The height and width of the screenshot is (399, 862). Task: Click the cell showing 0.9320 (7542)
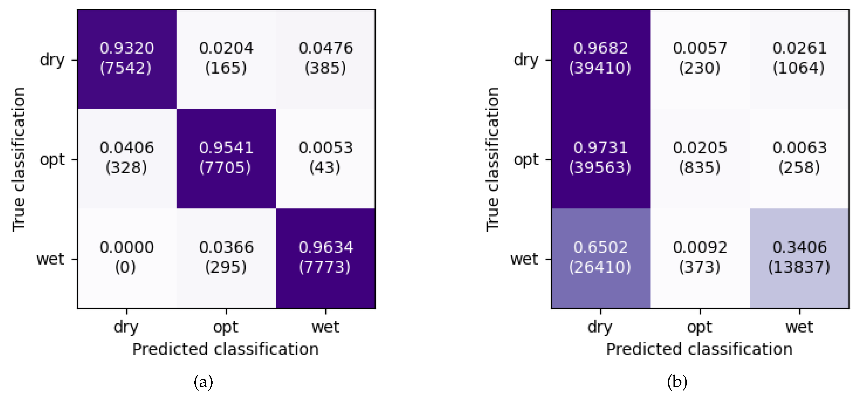[x=127, y=59]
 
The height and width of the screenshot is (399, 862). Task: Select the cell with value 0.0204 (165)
[x=226, y=59]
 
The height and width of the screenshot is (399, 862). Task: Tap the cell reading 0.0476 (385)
[x=326, y=59]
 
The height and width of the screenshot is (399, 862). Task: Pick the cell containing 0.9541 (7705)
[x=226, y=158]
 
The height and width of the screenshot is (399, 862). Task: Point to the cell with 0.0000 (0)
[x=127, y=258]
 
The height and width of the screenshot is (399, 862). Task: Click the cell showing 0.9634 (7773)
[x=326, y=258]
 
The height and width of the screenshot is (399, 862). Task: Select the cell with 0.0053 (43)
[x=326, y=158]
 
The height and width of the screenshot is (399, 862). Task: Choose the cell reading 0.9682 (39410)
[x=601, y=59]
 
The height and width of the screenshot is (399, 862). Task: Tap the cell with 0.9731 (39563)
[x=601, y=158]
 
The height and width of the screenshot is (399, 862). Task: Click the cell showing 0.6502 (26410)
[x=601, y=258]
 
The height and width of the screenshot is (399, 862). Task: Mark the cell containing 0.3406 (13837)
[x=800, y=258]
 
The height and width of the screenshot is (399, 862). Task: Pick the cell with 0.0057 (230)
[x=700, y=59]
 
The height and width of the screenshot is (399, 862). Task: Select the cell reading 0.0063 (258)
[x=800, y=158]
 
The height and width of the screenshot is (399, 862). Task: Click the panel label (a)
[x=203, y=382]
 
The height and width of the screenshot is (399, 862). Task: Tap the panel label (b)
[x=677, y=382]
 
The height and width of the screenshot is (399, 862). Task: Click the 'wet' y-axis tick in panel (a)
[x=50, y=259]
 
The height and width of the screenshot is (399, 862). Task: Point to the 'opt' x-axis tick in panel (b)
[x=700, y=327]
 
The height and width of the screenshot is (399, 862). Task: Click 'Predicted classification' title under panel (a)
[x=226, y=349]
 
